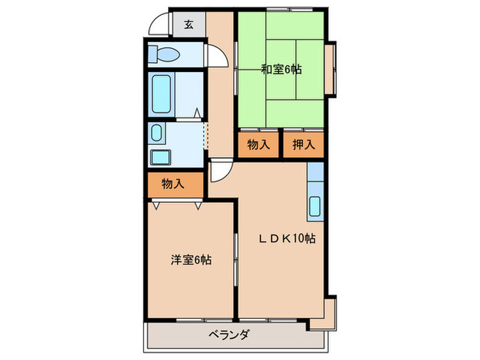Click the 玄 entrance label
(x=189, y=25)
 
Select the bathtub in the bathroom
(x=163, y=94)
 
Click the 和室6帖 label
(x=281, y=69)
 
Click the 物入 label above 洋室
(x=173, y=184)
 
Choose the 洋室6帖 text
(x=191, y=260)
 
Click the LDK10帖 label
(x=287, y=239)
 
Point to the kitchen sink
(x=315, y=206)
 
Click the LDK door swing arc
(x=219, y=170)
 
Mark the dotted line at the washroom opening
(x=204, y=134)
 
